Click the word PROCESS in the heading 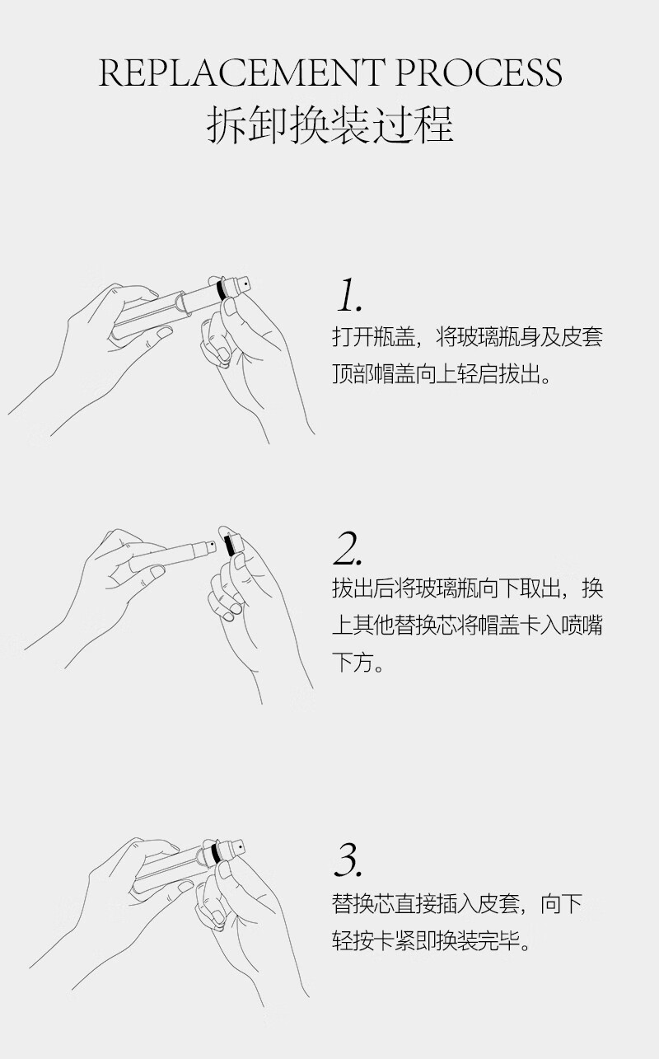coord(479,73)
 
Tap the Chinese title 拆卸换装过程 coord(329,124)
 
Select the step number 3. coord(348,859)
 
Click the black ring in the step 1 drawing coord(221,290)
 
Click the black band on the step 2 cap coord(230,544)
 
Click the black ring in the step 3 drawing coord(216,852)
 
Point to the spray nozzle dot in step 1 coord(246,283)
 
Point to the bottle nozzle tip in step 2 coord(211,546)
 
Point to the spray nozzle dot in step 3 coord(240,846)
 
